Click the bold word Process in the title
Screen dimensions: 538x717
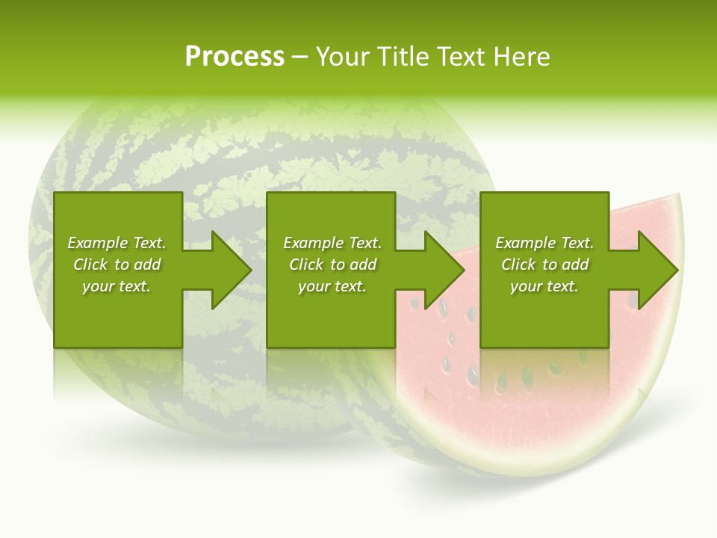click(235, 57)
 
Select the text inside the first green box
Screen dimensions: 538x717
click(117, 265)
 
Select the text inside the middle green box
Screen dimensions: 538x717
click(332, 265)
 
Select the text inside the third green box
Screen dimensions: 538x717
click(544, 265)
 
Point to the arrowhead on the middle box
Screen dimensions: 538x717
click(441, 270)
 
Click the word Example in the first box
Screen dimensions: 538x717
click(97, 243)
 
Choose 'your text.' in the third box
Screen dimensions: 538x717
click(544, 286)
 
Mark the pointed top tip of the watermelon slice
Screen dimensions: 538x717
click(680, 196)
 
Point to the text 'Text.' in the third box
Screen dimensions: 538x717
click(577, 243)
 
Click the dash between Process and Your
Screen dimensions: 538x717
click(299, 58)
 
